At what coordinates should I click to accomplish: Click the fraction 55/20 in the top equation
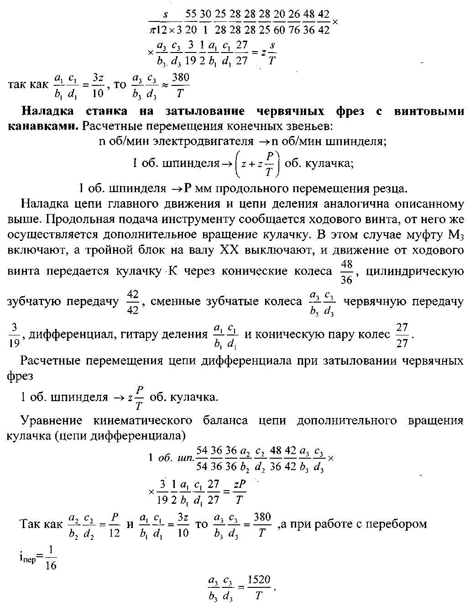[191, 21]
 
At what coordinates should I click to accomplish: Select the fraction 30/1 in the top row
[205, 21]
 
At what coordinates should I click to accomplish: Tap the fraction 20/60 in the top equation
[279, 21]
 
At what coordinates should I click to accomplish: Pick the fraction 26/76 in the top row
[294, 21]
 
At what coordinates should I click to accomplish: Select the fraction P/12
[115, 525]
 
